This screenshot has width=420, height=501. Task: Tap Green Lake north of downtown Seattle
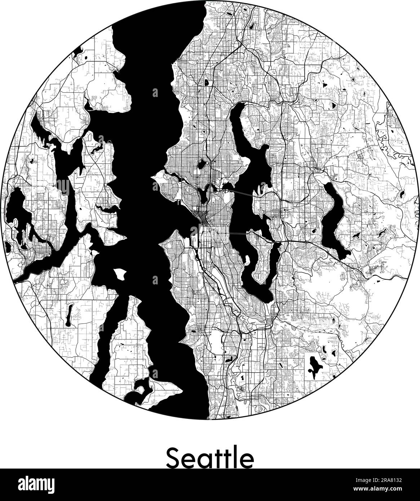[200, 165]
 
